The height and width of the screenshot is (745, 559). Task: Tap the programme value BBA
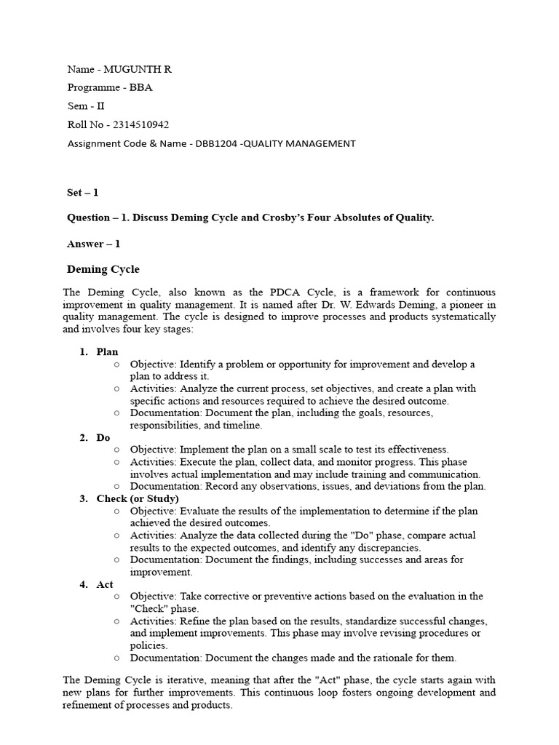pyautogui.click(x=141, y=87)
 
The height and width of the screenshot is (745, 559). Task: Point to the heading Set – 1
pyautogui.click(x=82, y=193)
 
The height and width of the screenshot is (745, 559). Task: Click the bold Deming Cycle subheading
pyautogui.click(x=103, y=269)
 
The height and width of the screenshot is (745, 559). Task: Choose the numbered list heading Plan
pyautogui.click(x=107, y=352)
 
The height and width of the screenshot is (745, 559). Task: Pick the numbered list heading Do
pyautogui.click(x=103, y=438)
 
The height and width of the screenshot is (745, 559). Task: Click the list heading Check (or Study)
pyautogui.click(x=138, y=498)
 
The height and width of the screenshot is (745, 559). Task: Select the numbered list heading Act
pyautogui.click(x=105, y=584)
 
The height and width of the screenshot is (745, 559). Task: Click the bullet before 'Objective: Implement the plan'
pyautogui.click(x=116, y=450)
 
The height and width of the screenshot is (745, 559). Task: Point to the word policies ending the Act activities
pyautogui.click(x=149, y=645)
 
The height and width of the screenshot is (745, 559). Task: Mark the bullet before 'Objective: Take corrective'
pyautogui.click(x=116, y=597)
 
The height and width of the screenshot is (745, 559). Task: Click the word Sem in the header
pyautogui.click(x=76, y=105)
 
